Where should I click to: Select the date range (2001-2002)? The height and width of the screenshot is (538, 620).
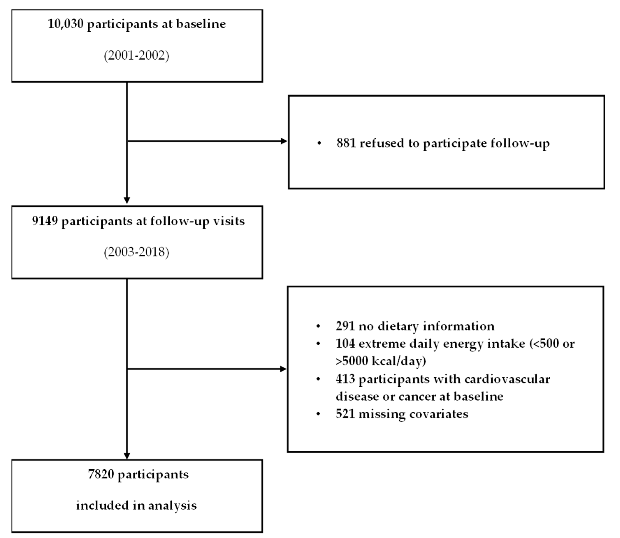click(137, 55)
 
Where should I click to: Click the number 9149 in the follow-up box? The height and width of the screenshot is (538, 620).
click(45, 221)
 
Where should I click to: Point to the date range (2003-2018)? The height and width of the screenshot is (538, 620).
click(137, 252)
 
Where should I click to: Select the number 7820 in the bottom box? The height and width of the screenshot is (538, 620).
click(101, 474)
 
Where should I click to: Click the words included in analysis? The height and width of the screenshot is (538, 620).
click(137, 505)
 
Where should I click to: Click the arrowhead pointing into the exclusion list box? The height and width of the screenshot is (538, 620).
click(283, 369)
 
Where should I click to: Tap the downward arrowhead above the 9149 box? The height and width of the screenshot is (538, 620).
click(127, 200)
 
